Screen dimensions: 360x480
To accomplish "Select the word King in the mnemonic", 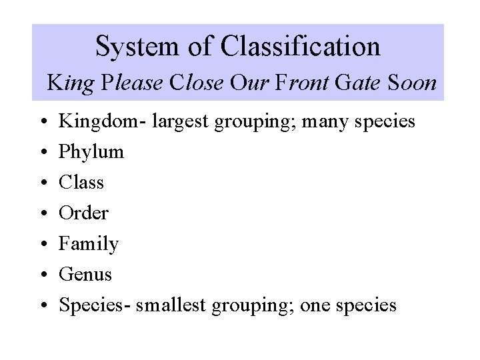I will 69,83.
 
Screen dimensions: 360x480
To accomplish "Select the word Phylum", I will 91,152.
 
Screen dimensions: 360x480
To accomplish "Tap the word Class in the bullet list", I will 81,183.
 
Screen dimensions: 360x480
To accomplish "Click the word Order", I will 83,213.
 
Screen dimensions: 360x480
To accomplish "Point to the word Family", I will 89,244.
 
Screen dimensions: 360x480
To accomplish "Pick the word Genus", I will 85,275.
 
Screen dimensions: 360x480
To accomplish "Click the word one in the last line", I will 316,305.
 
